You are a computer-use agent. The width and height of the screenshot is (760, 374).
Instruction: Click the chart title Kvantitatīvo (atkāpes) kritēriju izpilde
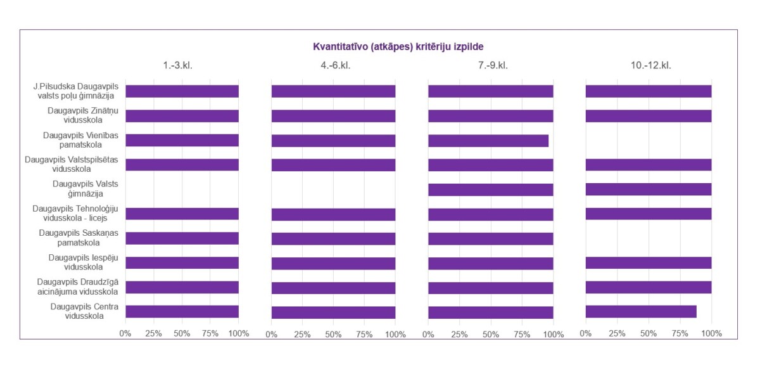click(x=398, y=46)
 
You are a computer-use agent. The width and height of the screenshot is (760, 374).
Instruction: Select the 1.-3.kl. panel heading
click(x=177, y=65)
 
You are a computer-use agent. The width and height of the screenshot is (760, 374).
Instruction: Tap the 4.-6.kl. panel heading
click(x=336, y=65)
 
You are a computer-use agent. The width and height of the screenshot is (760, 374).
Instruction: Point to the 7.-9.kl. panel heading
click(x=493, y=65)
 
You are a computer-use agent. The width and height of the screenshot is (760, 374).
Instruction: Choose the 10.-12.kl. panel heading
click(x=651, y=65)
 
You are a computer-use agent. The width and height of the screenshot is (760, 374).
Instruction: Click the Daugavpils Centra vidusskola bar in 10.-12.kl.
click(x=641, y=311)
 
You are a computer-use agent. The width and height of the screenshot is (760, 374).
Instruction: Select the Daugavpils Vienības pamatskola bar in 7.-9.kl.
click(x=488, y=141)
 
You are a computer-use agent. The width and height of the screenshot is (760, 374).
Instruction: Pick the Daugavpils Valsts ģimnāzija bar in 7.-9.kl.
click(x=491, y=190)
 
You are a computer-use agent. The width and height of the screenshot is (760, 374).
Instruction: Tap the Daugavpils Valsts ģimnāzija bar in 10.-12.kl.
click(x=649, y=189)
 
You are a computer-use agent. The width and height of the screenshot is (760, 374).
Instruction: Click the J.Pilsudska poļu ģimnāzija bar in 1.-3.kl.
click(x=182, y=91)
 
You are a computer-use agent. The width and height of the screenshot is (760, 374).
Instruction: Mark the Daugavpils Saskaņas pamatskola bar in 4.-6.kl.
click(x=333, y=239)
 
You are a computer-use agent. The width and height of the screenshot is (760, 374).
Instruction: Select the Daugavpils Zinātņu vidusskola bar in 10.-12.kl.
click(x=649, y=116)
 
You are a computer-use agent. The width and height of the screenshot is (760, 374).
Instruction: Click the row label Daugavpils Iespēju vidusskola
click(x=84, y=262)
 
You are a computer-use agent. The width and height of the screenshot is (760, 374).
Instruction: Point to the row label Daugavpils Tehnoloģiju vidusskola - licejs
click(x=75, y=214)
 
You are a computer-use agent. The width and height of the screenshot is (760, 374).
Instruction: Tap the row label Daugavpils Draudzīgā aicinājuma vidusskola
click(x=78, y=287)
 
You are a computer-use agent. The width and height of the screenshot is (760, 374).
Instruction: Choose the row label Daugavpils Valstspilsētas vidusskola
click(x=71, y=164)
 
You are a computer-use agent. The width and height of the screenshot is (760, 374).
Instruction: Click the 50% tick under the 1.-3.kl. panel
click(x=182, y=333)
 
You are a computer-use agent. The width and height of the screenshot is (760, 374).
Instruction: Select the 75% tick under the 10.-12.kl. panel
click(x=680, y=333)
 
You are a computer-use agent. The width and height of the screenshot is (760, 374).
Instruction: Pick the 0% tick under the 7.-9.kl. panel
click(x=428, y=335)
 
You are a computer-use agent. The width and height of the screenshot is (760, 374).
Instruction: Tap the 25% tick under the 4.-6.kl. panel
click(x=302, y=335)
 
